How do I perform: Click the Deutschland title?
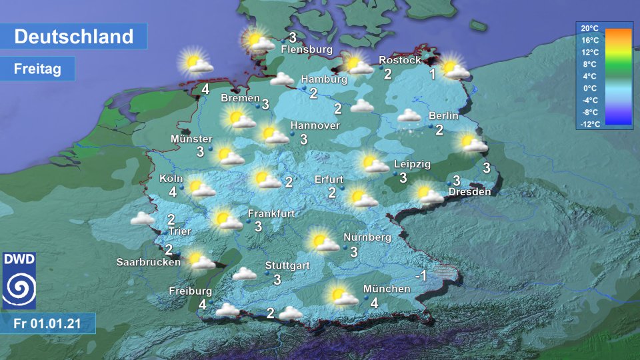(73, 37)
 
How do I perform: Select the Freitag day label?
(37, 68)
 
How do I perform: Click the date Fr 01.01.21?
(47, 324)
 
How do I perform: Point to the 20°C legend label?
(589, 28)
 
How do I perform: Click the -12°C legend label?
(589, 124)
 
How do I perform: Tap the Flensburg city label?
(307, 49)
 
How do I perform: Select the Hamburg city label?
(324, 79)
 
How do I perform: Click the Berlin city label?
(443, 115)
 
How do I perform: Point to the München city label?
(387, 289)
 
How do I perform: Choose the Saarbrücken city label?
(148, 262)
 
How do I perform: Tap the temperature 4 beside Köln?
(173, 193)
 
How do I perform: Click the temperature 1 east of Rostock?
(432, 74)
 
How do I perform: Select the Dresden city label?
(469, 192)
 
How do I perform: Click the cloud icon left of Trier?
(143, 218)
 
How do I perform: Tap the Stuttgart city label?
(287, 265)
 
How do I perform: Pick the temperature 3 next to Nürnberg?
(354, 252)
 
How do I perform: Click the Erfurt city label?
(329, 179)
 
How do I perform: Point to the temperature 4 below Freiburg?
(202, 305)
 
